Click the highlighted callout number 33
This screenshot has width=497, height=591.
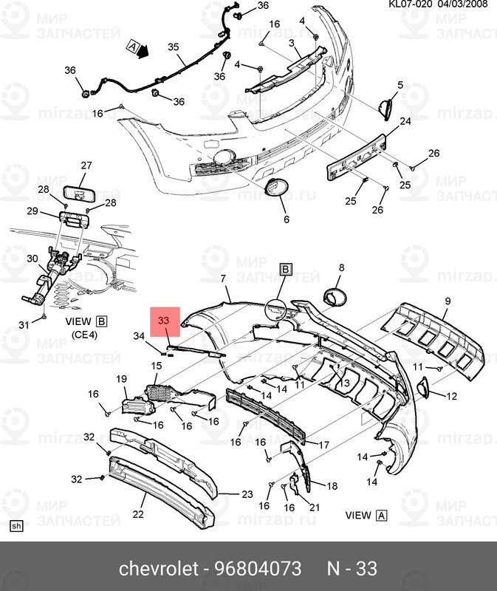[164, 321]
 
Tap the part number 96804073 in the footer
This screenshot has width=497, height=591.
[258, 569]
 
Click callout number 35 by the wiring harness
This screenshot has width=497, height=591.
[174, 47]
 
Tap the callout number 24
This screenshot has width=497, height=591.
[405, 121]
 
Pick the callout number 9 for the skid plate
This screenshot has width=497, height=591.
[447, 301]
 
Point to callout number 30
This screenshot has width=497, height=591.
[32, 259]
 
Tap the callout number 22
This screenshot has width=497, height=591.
[138, 514]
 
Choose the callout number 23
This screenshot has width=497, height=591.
[247, 494]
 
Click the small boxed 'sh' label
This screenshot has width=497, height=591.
[16, 526]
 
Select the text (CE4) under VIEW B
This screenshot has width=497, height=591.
[86, 335]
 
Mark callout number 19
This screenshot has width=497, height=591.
[123, 379]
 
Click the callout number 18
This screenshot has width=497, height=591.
[332, 486]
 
